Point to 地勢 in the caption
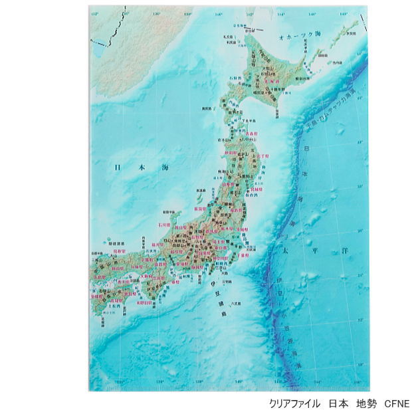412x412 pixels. coord(365,403)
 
